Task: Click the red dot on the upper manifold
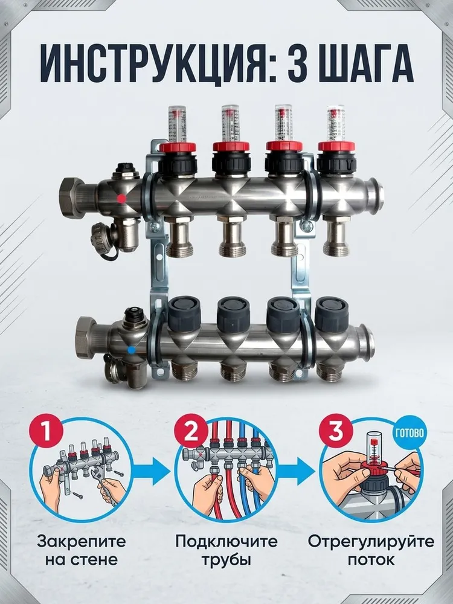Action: coord(121,198)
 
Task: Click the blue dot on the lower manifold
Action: coord(131,350)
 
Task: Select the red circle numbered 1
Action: coord(46,430)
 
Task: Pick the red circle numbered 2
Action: coord(191,430)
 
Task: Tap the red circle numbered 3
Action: coord(336,430)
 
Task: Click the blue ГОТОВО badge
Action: coord(409,432)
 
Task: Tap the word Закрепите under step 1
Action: coord(82,542)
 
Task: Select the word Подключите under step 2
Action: coord(226,542)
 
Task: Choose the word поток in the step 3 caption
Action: coord(371,560)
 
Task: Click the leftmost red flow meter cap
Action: coord(178,147)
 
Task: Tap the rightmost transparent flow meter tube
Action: coord(336,123)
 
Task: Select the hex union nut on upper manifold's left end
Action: coord(74,198)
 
